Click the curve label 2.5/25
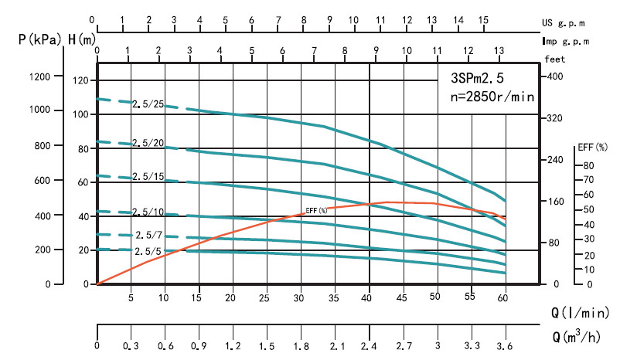(148, 104)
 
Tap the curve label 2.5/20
(148, 143)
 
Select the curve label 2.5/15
(148, 178)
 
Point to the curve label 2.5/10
(148, 212)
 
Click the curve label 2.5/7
(148, 235)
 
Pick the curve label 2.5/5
(148, 252)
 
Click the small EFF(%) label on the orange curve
(316, 210)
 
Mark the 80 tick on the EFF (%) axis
(588, 165)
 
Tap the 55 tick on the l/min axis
(470, 297)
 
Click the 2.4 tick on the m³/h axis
(369, 345)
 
